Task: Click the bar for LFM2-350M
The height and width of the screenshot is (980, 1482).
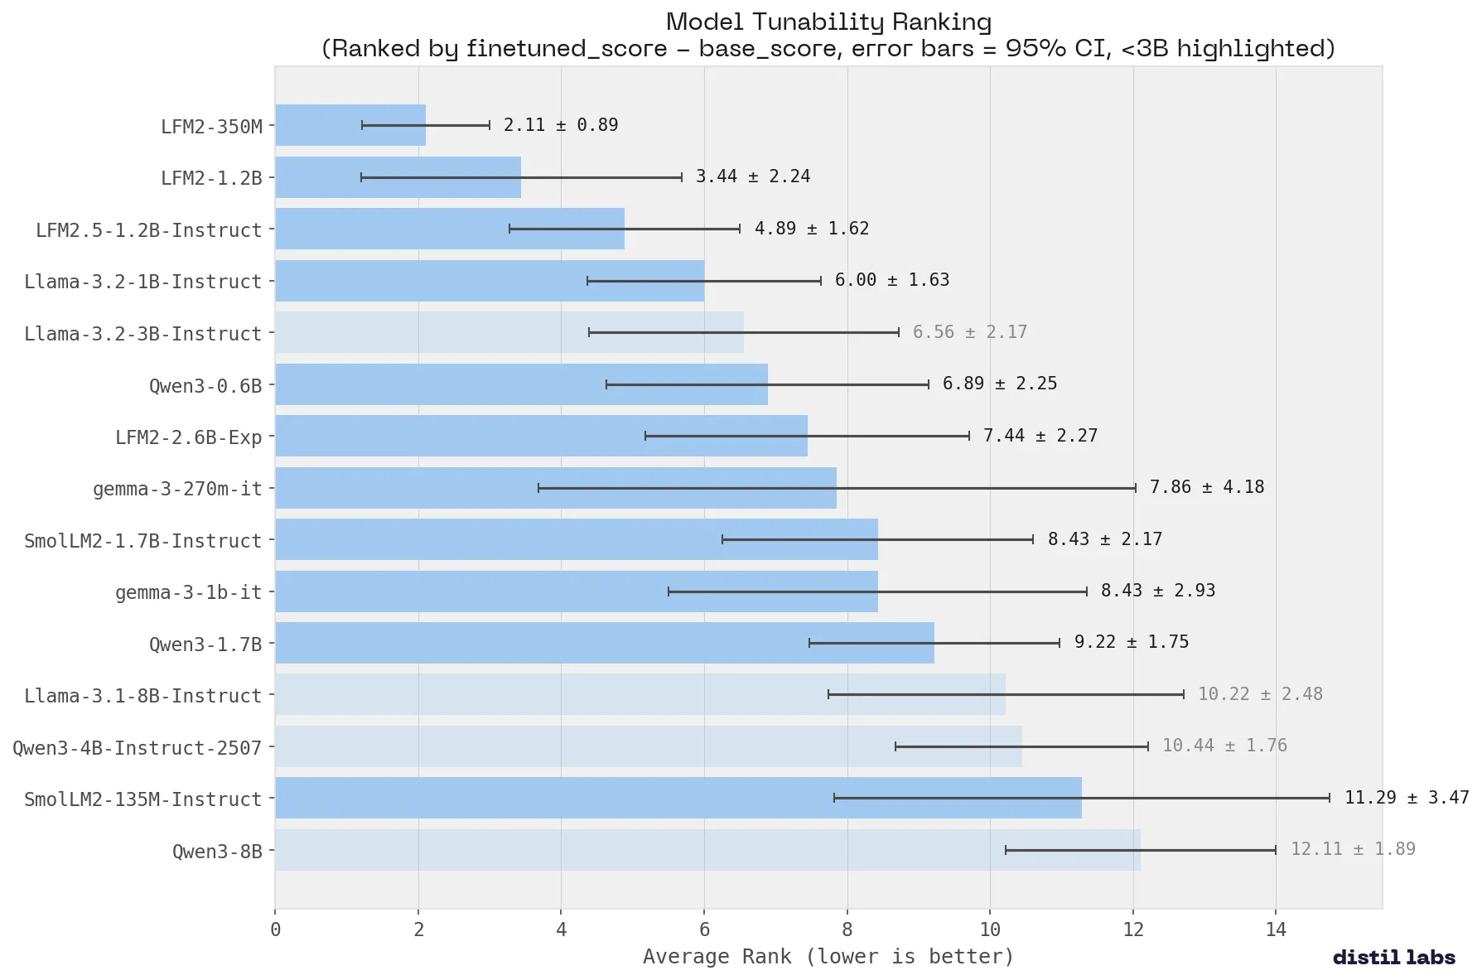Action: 350,125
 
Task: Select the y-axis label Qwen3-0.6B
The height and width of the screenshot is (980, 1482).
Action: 205,386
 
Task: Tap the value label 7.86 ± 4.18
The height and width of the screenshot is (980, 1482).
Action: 1206,487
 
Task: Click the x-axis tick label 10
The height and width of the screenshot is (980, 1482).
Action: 990,929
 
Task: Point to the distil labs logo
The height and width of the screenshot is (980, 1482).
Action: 1393,958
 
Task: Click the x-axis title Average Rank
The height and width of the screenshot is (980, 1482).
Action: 828,957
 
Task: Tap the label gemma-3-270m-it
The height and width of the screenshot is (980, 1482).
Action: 177,490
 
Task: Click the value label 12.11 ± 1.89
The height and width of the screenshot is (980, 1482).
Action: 1352,849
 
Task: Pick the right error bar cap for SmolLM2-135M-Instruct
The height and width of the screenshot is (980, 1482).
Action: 1330,798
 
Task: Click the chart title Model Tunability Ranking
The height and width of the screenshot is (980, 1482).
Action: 828,22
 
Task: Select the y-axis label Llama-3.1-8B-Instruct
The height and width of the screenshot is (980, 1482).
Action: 142,696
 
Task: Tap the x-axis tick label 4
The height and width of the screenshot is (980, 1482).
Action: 562,929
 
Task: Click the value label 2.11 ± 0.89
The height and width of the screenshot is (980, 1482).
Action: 561,125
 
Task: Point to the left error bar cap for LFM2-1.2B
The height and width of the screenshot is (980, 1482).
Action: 361,177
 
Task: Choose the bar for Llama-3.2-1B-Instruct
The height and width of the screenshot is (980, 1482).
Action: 490,281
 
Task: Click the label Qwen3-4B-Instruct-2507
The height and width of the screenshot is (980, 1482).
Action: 137,748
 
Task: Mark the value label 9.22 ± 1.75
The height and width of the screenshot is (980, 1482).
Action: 1131,642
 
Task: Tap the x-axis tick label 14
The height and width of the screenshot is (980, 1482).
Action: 1276,929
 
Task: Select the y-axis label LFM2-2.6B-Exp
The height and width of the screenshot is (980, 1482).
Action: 188,437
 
